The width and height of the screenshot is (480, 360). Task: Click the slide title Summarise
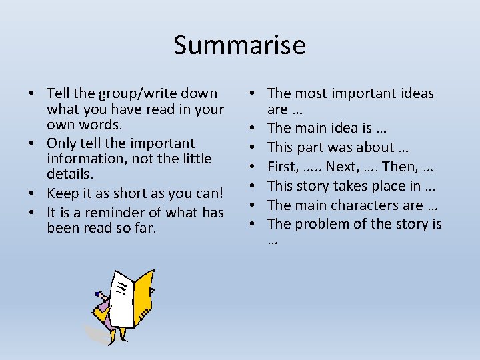click(x=239, y=45)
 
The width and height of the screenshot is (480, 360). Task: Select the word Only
click(x=61, y=143)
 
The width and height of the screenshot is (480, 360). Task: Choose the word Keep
click(x=62, y=194)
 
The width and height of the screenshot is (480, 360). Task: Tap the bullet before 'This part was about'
click(x=254, y=147)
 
